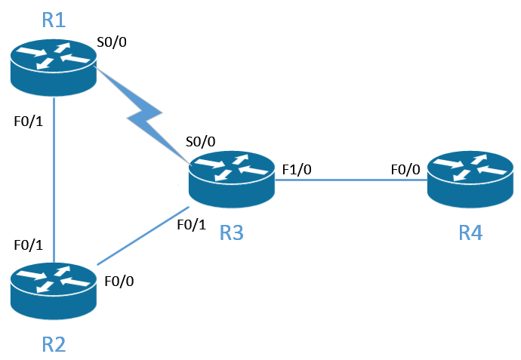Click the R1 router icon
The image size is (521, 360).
point(54,68)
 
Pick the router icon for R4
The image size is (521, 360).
point(470,179)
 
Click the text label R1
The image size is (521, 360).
point(54,20)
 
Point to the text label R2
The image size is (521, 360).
point(54,345)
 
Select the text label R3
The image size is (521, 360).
point(231,233)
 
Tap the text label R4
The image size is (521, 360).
point(470,233)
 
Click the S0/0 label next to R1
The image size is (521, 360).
point(111,42)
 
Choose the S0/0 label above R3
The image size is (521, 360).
point(201,141)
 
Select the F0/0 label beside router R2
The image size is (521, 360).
point(120,282)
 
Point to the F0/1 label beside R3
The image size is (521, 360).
point(191,224)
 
